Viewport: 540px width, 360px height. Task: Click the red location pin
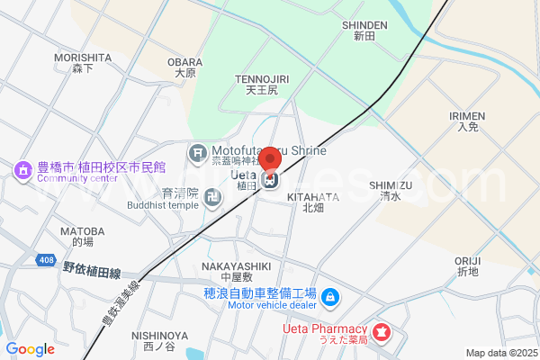click(x=270, y=163)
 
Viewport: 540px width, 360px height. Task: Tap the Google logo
click(x=31, y=349)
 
